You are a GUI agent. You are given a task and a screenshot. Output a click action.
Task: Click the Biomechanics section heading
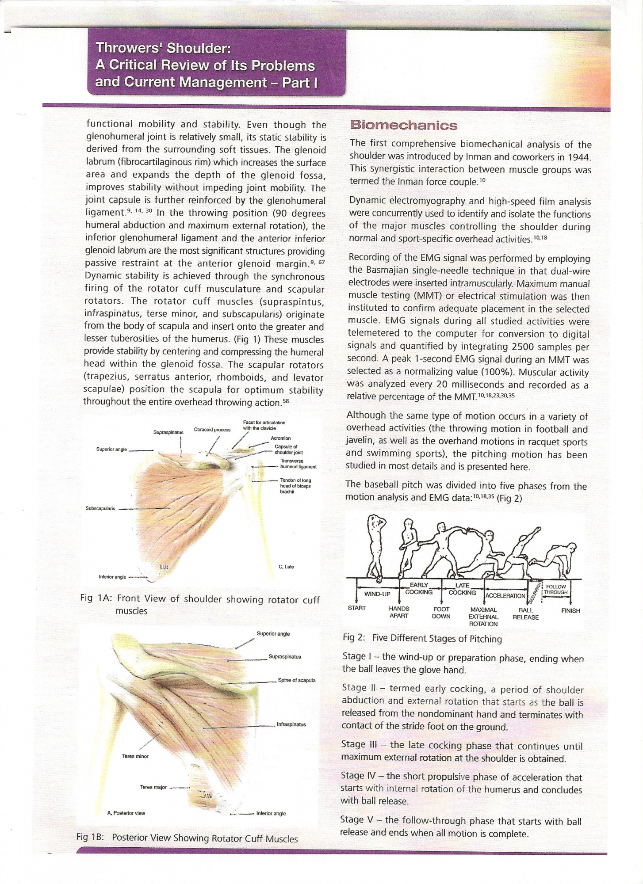tap(404, 125)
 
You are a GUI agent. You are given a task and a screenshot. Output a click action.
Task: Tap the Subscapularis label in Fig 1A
tap(100, 508)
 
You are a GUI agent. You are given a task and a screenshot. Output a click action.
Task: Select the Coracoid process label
tap(212, 430)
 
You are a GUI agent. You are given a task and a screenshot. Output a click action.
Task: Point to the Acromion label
tap(280, 438)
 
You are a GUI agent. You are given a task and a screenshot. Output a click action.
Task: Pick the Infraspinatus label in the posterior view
tap(291, 724)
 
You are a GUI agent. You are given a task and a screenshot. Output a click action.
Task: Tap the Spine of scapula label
tap(296, 680)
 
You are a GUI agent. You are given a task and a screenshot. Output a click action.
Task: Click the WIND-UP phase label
tap(377, 594)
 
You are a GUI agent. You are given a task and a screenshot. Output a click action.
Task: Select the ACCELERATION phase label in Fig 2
tap(505, 596)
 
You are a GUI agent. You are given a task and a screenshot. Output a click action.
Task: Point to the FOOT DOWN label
tap(441, 613)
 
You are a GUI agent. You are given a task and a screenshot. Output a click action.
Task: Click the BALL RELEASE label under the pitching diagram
tap(525, 613)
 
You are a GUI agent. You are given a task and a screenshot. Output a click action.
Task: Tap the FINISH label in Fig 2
tap(570, 610)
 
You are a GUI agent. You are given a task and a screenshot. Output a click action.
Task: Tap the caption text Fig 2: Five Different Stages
tap(422, 638)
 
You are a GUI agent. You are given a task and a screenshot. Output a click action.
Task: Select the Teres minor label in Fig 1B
tap(135, 756)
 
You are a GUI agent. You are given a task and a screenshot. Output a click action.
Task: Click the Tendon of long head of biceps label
tap(295, 486)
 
